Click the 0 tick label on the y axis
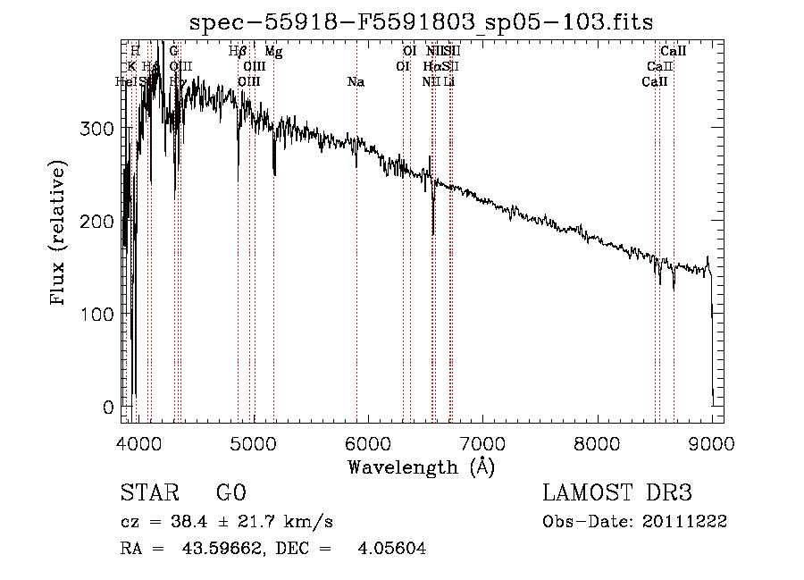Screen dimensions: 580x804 (x=109, y=408)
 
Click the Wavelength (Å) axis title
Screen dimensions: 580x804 (x=421, y=467)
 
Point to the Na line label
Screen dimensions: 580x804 (x=356, y=82)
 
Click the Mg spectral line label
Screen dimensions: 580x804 (x=273, y=52)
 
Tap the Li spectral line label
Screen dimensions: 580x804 (x=449, y=82)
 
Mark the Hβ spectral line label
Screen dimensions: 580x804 (x=238, y=52)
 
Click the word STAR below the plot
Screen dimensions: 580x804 (x=149, y=492)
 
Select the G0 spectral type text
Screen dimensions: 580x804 (x=230, y=492)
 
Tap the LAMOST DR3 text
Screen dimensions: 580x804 (x=617, y=492)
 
